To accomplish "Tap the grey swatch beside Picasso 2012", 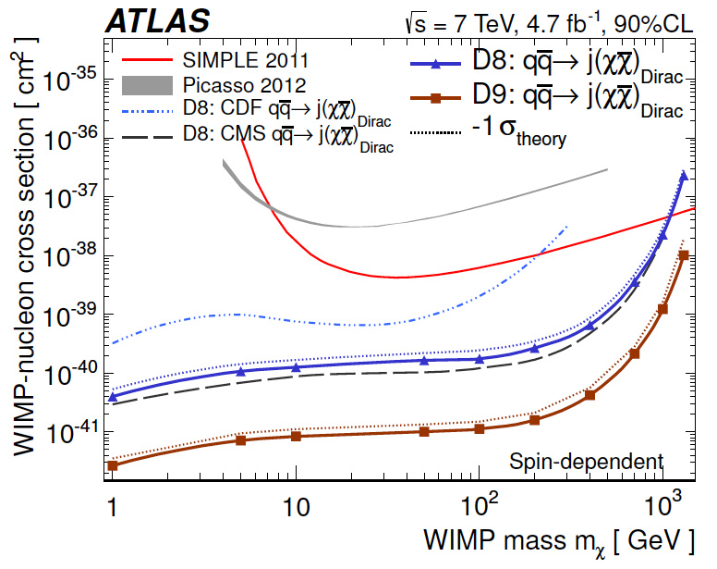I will coord(147,86).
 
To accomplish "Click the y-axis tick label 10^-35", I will coord(68,81).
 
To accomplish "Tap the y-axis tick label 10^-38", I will coord(68,256).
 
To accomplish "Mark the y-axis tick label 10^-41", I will coord(68,432).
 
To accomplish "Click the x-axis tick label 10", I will coord(295,508).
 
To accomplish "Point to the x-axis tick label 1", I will coord(113,508).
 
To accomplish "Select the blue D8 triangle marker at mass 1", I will coord(113,397).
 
